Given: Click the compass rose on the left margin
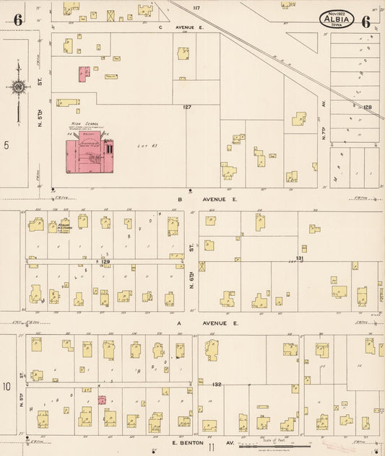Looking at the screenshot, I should (x=18, y=88).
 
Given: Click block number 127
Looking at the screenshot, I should (x=188, y=108).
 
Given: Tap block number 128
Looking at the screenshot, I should (x=368, y=107).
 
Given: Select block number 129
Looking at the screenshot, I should (x=105, y=261).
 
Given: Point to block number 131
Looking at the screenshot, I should (x=300, y=258).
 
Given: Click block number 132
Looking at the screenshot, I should (x=216, y=385).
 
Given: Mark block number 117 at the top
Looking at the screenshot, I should (x=196, y=7).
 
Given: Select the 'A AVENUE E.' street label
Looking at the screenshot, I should (x=207, y=324).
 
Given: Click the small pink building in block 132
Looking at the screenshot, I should (x=102, y=400).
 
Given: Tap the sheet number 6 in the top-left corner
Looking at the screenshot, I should (x=17, y=21).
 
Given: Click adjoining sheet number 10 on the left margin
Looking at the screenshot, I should (x=7, y=387).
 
